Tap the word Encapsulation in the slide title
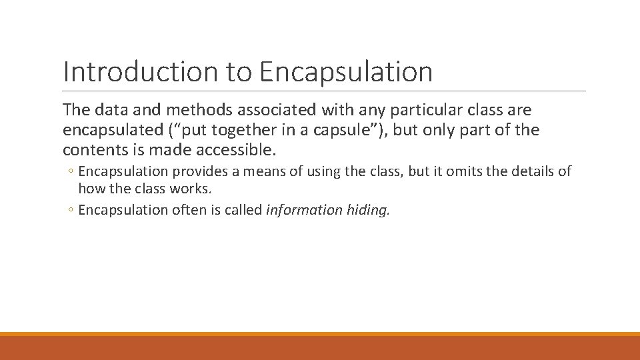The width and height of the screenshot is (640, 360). coord(347,72)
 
